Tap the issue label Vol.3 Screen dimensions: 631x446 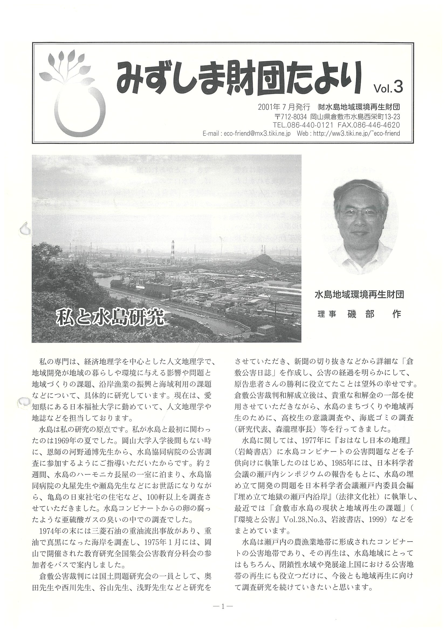coord(388,88)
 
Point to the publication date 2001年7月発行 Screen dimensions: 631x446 coord(284,107)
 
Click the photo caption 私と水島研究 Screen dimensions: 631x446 coord(110,317)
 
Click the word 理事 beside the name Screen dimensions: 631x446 coord(327,314)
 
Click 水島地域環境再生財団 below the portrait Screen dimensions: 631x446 coord(359,296)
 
